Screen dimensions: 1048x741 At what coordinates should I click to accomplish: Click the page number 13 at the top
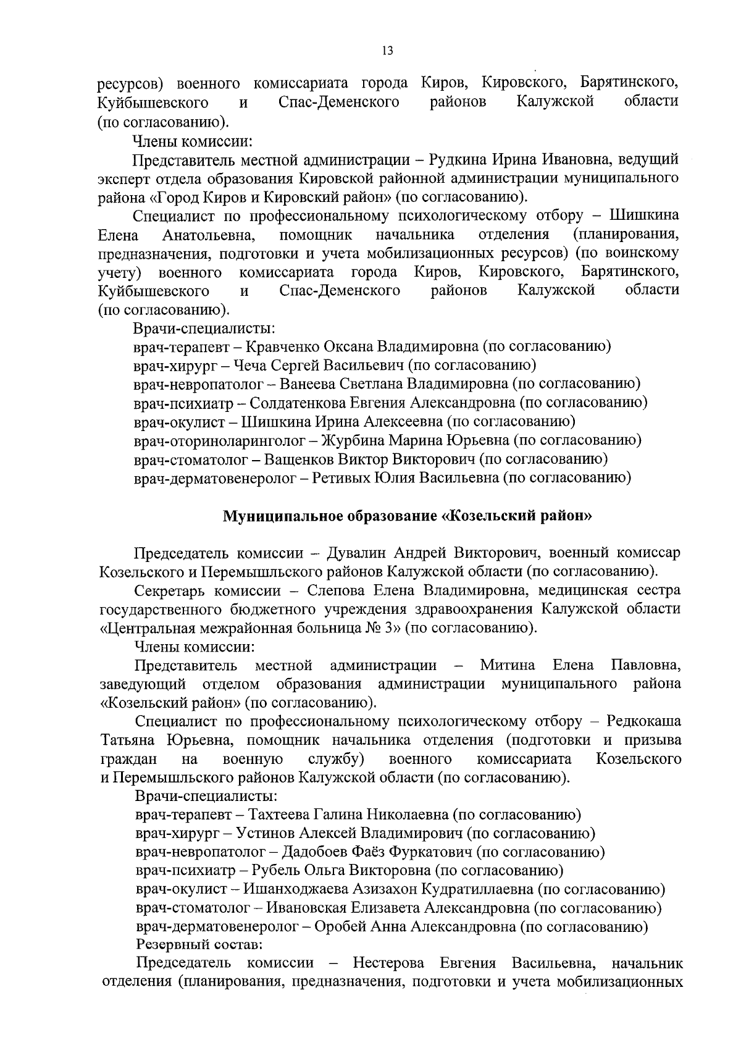click(388, 51)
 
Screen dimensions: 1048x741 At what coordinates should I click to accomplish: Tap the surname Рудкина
click(453, 159)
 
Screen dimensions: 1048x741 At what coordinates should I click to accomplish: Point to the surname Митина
click(508, 666)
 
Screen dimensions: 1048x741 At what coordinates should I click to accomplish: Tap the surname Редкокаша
click(644, 721)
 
